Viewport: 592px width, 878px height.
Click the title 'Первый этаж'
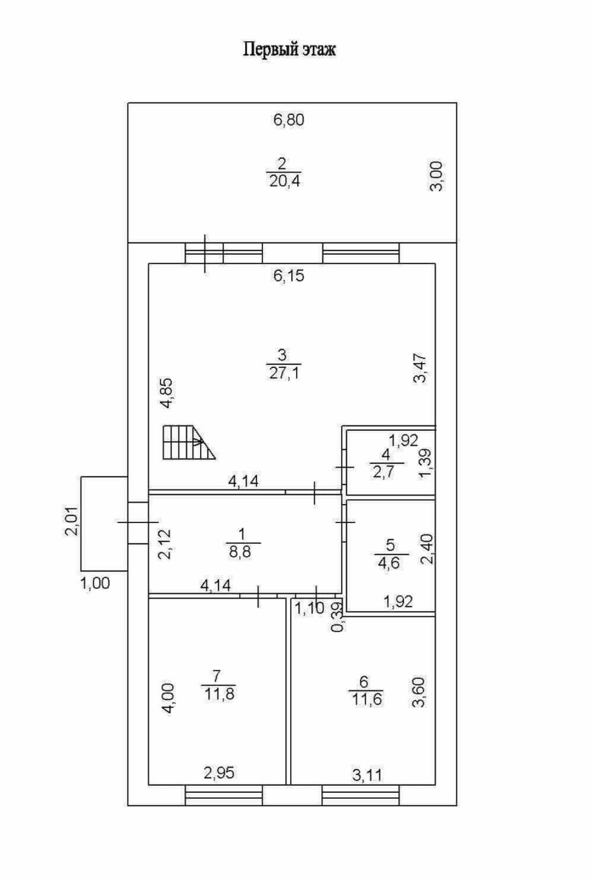tap(290, 50)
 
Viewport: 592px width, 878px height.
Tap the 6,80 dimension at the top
tap(288, 120)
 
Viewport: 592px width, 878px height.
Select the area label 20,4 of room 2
tap(285, 181)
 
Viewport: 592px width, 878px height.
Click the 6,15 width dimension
tap(288, 276)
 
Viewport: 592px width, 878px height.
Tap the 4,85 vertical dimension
tap(167, 393)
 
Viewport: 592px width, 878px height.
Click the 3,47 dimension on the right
tap(420, 368)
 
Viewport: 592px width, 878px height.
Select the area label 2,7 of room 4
tap(383, 473)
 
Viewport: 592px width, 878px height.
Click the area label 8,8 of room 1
tap(240, 551)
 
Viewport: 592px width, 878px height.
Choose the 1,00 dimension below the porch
tap(95, 583)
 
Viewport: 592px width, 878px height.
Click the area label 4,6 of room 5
tap(389, 563)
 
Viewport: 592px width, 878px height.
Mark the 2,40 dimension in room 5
tap(427, 549)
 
